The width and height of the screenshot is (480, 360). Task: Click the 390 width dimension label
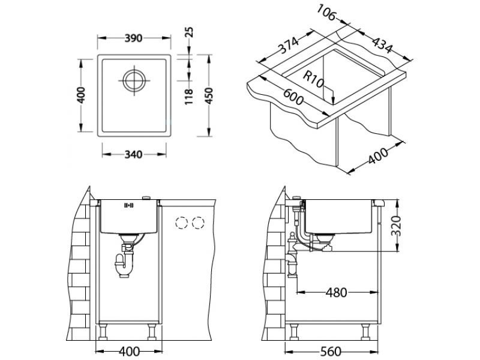tap(133, 38)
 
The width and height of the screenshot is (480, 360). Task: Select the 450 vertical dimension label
tap(208, 95)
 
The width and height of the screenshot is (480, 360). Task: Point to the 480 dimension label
tap(336, 293)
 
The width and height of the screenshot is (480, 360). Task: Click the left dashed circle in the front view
tap(181, 223)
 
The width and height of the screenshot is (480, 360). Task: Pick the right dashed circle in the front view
tap(197, 223)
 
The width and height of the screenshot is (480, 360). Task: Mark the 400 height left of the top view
tap(82, 95)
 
